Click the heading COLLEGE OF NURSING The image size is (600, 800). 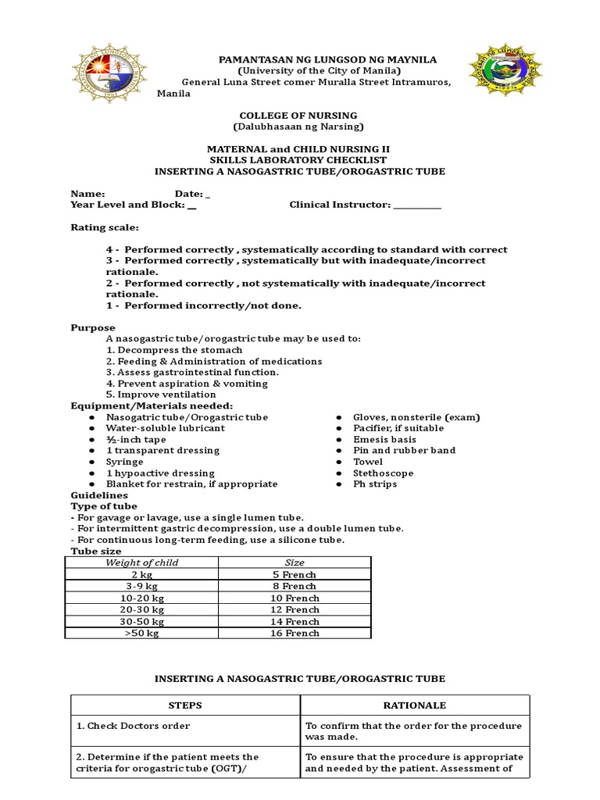point(298,115)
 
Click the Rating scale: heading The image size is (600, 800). point(105,227)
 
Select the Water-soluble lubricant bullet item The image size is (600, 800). point(165,428)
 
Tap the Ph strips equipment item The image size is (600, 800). point(375,484)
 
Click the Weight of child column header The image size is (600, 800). point(141,562)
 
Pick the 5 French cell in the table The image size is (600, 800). point(295,574)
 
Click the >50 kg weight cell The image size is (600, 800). point(141,633)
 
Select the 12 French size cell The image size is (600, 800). point(295,609)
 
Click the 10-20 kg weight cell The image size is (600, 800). point(141,598)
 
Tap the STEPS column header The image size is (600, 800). point(185,705)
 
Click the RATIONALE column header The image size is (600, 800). point(415,705)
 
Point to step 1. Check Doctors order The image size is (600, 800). point(133,726)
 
